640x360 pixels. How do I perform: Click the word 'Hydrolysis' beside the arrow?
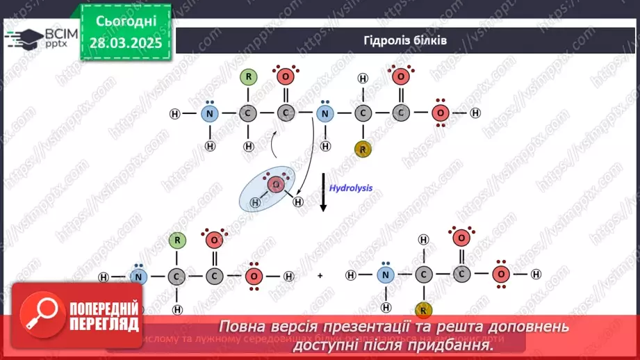click(351, 188)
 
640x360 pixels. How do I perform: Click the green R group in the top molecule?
click(248, 77)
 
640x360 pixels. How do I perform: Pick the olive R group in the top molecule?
click(361, 148)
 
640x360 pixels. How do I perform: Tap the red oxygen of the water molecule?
click(275, 185)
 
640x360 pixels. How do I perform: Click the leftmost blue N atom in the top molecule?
click(210, 113)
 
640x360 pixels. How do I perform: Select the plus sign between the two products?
click(320, 276)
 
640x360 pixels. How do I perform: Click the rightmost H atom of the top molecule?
click(475, 113)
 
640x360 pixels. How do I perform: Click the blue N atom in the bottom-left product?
click(139, 277)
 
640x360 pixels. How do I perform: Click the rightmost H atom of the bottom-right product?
click(536, 275)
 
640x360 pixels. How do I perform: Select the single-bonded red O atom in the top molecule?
click(439, 113)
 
